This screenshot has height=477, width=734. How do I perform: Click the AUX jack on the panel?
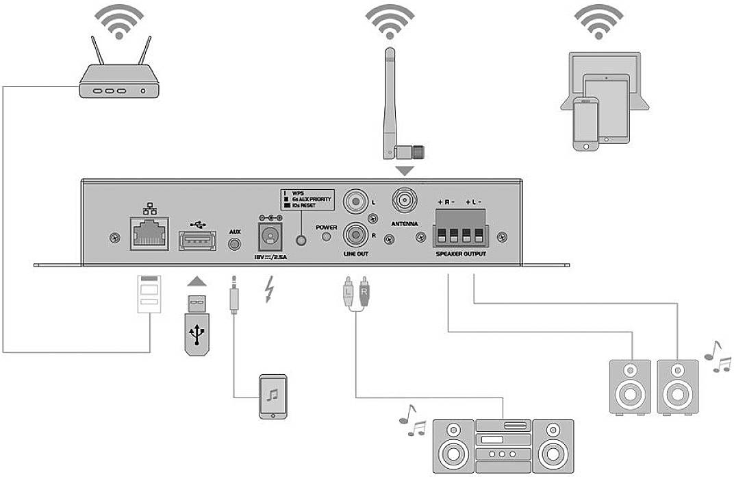(235, 243)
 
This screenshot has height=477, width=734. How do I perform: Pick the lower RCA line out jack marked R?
(355, 235)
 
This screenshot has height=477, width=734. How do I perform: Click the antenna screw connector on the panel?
(403, 201)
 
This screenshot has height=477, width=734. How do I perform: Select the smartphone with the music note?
(272, 396)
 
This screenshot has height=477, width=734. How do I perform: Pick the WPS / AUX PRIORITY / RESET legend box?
(307, 199)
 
